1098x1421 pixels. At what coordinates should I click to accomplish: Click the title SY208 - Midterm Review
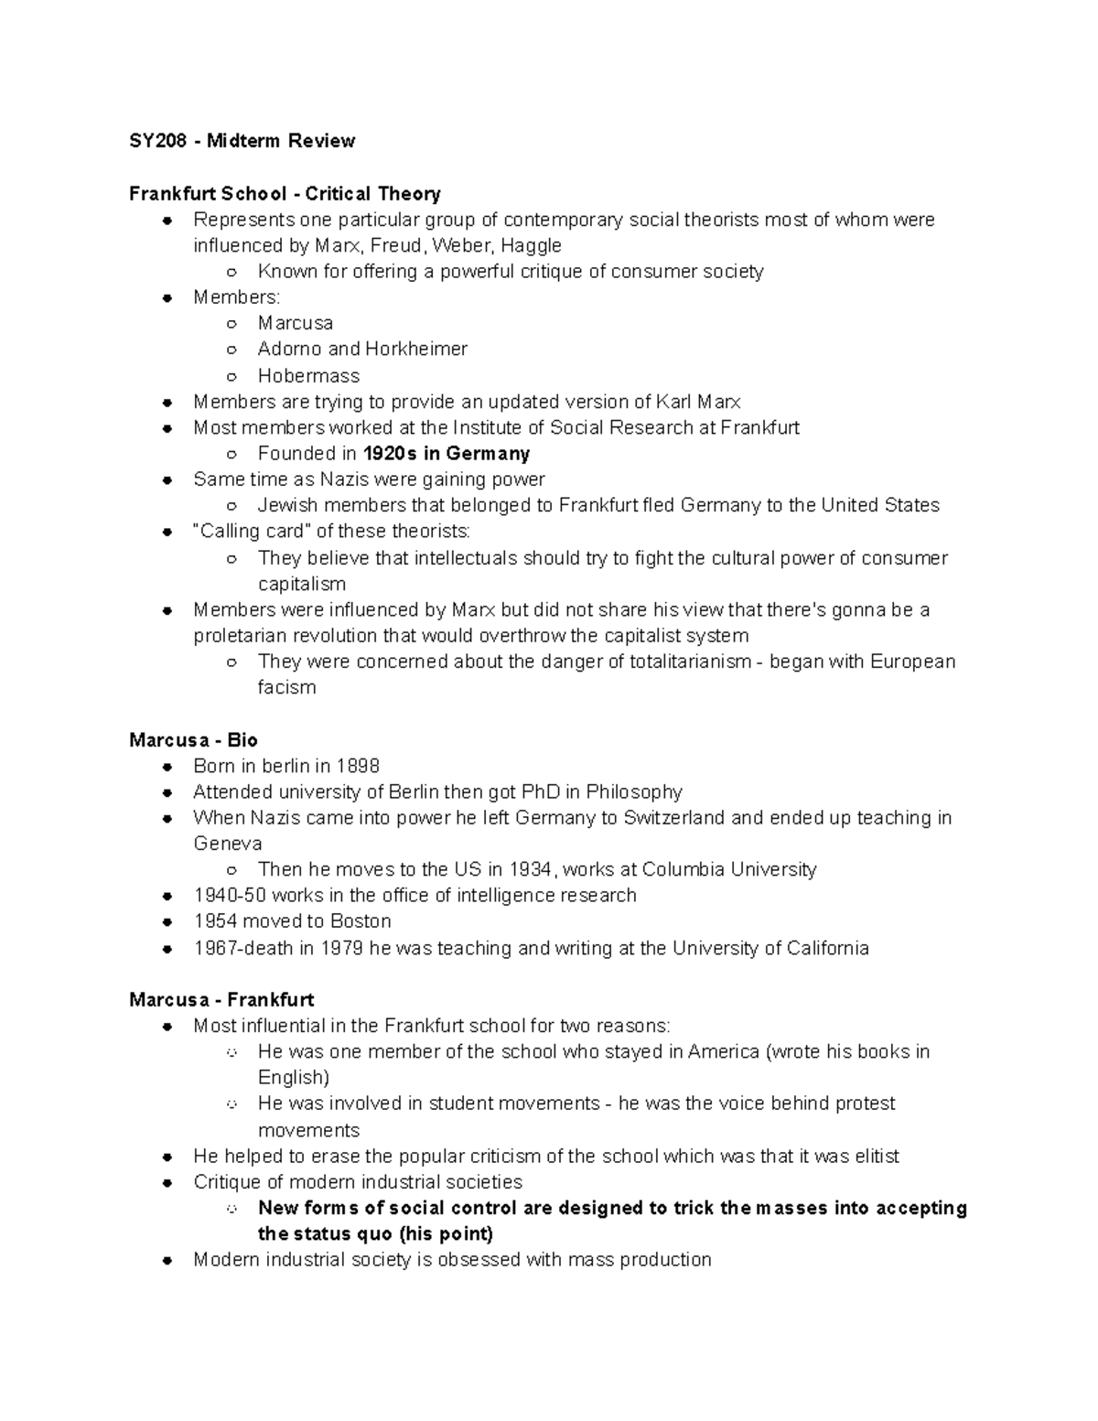[242, 141]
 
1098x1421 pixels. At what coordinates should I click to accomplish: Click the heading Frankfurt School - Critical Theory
[285, 194]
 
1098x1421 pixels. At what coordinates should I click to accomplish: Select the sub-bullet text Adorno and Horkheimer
[362, 350]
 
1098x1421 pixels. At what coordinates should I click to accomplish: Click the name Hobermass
[308, 376]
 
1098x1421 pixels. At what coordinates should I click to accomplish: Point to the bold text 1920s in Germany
[447, 454]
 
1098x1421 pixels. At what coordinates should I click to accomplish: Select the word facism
[286, 688]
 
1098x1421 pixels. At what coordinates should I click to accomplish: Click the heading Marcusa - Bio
[193, 740]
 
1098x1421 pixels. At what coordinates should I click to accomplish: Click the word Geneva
[228, 844]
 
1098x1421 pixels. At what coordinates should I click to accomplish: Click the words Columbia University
[728, 870]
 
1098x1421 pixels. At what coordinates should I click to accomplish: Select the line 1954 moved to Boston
[292, 921]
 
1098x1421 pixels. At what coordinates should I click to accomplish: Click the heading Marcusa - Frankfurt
[221, 1000]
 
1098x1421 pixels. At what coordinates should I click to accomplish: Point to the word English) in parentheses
[294, 1078]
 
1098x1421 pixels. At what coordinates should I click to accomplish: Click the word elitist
[871, 1157]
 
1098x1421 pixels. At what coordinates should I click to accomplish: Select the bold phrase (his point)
[447, 1234]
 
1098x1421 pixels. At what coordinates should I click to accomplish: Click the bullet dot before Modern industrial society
[167, 1261]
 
